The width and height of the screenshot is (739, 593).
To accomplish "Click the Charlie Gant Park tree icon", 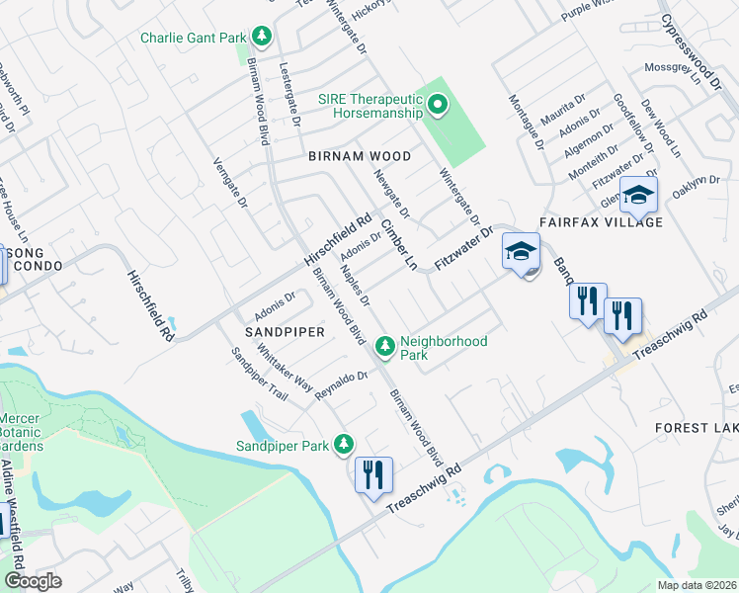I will [262, 38].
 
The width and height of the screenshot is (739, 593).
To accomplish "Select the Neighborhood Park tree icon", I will [384, 346].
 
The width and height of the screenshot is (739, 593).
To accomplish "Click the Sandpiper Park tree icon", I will [344, 445].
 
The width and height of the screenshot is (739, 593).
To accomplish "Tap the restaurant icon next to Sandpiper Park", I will [373, 474].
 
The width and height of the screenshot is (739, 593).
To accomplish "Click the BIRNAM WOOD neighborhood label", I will [359, 156].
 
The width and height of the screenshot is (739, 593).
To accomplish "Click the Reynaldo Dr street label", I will [341, 384].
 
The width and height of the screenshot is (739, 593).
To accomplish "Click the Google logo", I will [34, 581].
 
